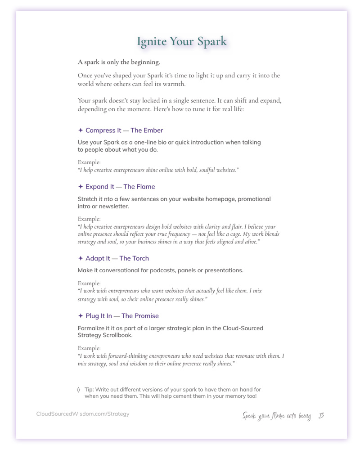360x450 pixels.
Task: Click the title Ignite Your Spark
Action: [181, 41]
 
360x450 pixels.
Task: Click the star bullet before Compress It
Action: [81, 130]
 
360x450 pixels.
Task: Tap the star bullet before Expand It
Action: [81, 187]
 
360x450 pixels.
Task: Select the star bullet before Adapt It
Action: [81, 258]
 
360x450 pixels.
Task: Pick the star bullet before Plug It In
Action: [81, 316]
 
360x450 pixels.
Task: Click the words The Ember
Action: [147, 130]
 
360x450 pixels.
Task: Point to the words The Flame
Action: [139, 187]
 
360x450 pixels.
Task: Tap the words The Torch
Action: [134, 258]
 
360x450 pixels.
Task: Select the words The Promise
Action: [140, 316]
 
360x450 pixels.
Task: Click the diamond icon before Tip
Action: [79, 390]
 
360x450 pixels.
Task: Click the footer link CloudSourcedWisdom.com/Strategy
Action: [83, 414]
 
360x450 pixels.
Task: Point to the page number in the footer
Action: [321, 416]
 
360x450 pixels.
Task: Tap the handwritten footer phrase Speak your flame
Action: [276, 416]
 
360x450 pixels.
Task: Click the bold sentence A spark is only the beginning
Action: [119, 62]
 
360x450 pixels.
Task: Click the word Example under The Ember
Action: [89, 162]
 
